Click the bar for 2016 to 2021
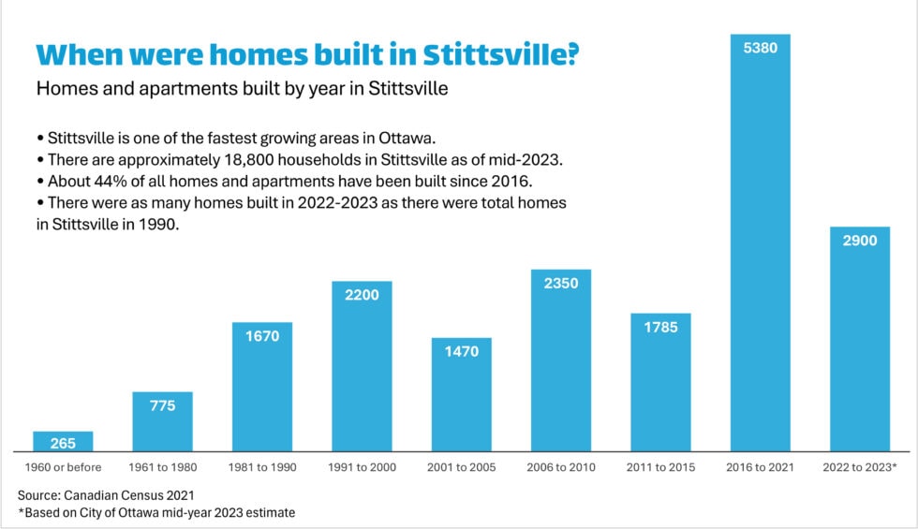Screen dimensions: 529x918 coord(760,253)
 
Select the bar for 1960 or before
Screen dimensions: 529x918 coord(63,442)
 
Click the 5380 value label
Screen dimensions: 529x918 coord(760,47)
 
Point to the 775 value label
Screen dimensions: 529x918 coord(162,405)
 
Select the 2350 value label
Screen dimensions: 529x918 coord(560,284)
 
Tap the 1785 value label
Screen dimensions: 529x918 coord(660,328)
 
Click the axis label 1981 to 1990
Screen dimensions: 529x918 coord(261,467)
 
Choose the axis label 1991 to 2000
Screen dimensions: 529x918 coord(362,467)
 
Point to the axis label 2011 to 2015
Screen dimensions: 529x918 coord(660,467)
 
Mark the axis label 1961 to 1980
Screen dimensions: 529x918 coord(162,467)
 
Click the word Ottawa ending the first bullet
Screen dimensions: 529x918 coord(404,138)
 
